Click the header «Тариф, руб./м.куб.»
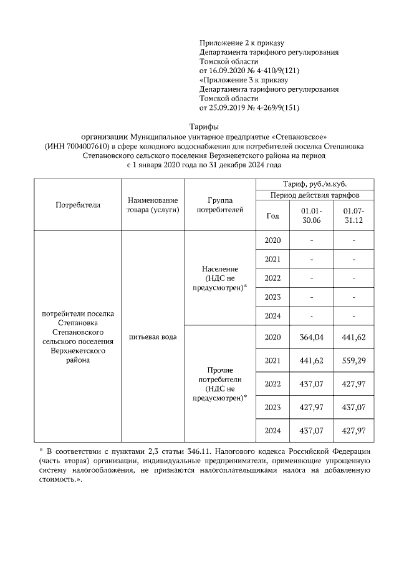(x=315, y=184)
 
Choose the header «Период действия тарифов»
(x=315, y=195)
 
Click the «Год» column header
(x=272, y=216)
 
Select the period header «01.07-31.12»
(x=353, y=216)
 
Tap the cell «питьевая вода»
(x=153, y=337)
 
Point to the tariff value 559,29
(x=353, y=361)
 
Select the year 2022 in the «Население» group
(x=272, y=278)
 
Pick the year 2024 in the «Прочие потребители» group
(x=272, y=431)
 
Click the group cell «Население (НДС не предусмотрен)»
(x=219, y=278)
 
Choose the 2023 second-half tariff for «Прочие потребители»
(x=353, y=407)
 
